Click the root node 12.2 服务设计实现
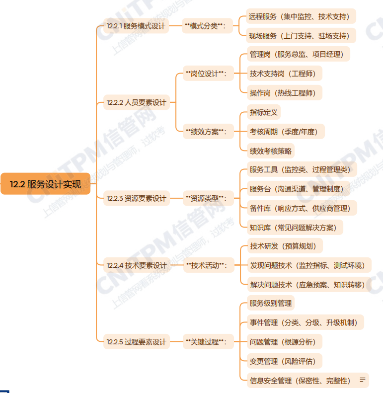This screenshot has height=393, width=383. (x=45, y=184)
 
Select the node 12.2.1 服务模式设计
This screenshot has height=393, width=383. (x=136, y=26)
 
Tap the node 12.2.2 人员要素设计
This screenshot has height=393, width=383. (x=137, y=102)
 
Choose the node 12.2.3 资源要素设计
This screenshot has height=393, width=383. (x=137, y=198)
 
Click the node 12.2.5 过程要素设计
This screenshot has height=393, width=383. (x=137, y=342)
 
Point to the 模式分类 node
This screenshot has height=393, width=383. (x=207, y=26)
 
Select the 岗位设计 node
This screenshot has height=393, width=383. (x=208, y=74)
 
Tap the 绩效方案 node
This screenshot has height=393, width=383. (x=208, y=131)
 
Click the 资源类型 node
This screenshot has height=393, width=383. (x=208, y=198)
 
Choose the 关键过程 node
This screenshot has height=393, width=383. (x=208, y=342)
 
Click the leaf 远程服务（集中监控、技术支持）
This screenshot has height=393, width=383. (x=301, y=16)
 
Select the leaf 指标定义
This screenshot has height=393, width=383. (x=264, y=112)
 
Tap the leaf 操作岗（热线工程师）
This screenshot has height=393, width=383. (x=285, y=93)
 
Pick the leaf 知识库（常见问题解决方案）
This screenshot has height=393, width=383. (x=295, y=228)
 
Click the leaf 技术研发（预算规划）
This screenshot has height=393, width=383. (x=285, y=246)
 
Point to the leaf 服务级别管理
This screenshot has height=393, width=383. (x=271, y=303)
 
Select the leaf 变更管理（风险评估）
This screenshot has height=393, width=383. (x=285, y=361)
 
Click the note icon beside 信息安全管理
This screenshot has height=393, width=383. (x=363, y=380)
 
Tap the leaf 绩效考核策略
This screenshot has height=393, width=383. (x=271, y=151)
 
